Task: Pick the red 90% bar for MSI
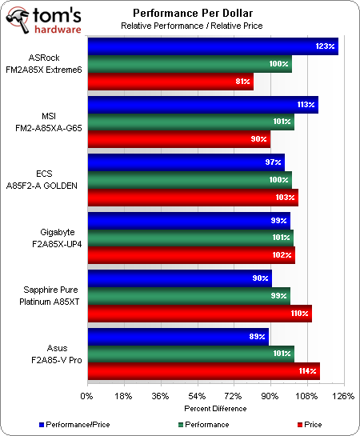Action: [177, 140]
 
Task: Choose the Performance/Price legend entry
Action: [71, 423]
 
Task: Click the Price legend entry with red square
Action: [308, 423]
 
